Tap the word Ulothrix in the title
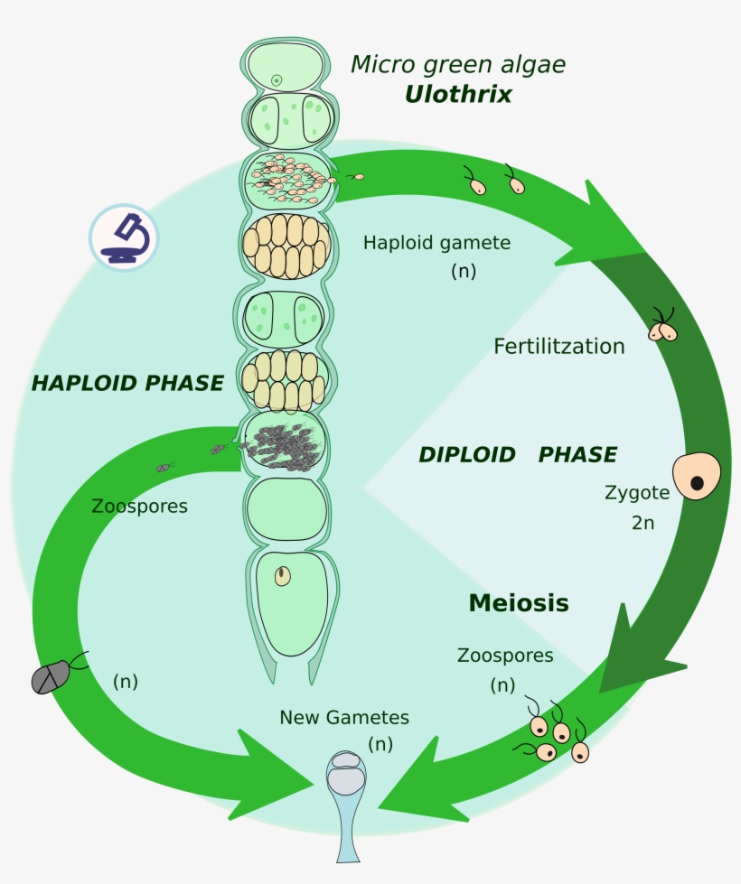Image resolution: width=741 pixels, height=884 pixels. (x=457, y=94)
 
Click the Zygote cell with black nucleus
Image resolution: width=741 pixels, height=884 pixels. (x=697, y=475)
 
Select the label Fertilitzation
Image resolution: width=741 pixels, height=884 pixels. (x=559, y=347)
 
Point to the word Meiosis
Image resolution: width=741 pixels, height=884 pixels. (x=519, y=603)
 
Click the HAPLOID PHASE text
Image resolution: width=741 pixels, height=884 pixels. (x=127, y=383)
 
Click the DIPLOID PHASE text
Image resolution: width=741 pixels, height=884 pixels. (x=518, y=455)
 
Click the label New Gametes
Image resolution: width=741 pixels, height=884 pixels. (x=344, y=718)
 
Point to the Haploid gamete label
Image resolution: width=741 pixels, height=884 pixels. (x=436, y=243)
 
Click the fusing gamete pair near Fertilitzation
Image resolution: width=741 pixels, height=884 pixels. (x=662, y=330)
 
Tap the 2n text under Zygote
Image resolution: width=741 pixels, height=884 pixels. (x=643, y=523)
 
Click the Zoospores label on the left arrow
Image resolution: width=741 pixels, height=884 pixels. (x=139, y=507)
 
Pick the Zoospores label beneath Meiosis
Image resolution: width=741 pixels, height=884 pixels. (x=505, y=655)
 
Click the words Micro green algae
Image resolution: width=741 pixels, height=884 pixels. (x=458, y=65)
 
